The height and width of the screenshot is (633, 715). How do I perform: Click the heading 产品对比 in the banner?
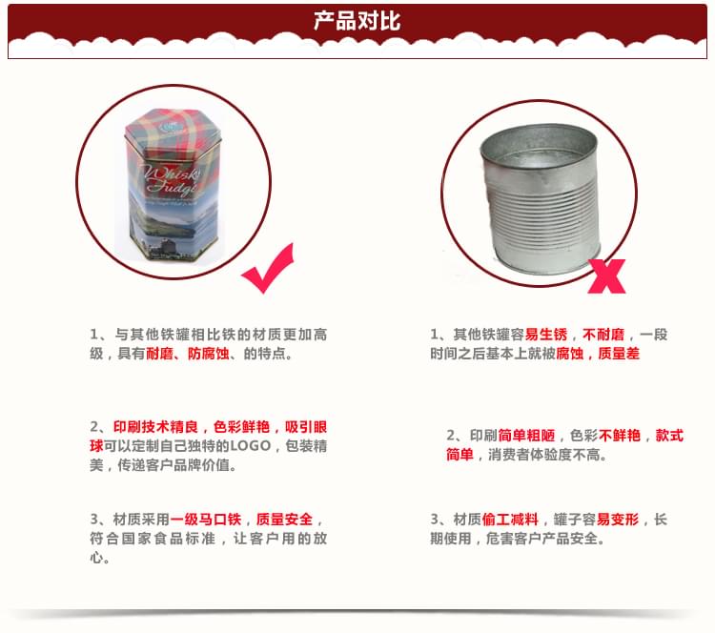[x=357, y=21]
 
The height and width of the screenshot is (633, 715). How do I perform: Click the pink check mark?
[x=269, y=271]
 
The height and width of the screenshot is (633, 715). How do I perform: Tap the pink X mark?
[x=608, y=274]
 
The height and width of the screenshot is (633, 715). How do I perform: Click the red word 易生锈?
[x=545, y=335]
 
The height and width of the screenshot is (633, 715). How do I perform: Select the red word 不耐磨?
[x=603, y=335]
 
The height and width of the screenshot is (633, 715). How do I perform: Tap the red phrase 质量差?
[x=619, y=353]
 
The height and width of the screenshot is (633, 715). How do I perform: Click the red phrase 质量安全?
[x=284, y=520]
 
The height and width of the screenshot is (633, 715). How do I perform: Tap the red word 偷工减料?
[x=513, y=520]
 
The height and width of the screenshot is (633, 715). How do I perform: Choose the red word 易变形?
[x=618, y=520]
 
